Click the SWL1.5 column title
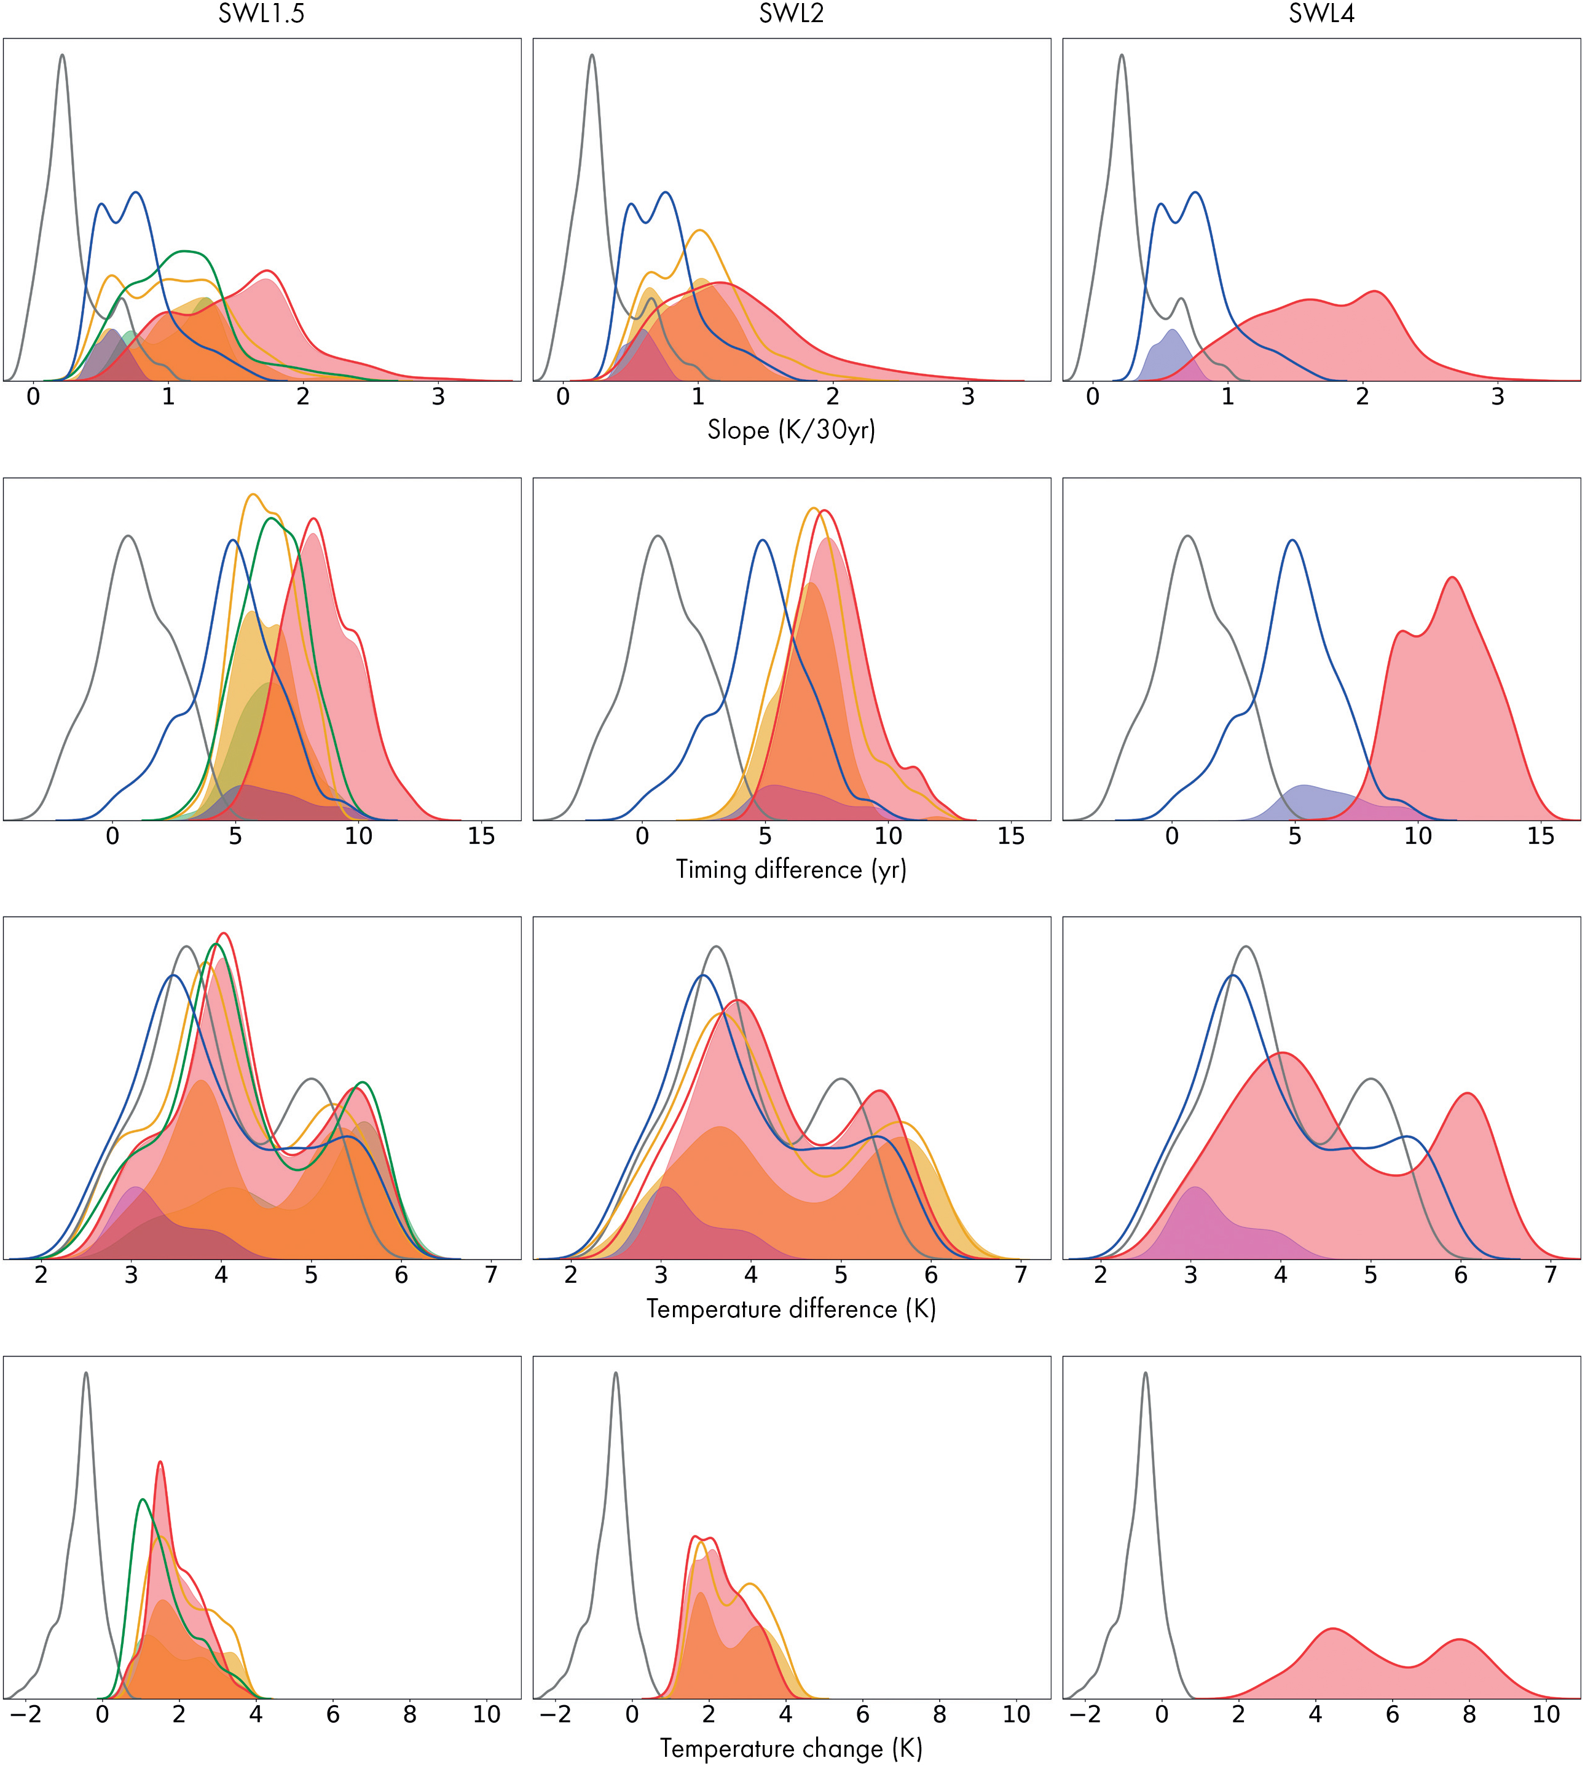261,15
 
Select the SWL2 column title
791,15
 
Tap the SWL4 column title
1321,15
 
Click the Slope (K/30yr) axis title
791,430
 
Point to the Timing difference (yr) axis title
791,870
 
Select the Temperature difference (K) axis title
791,1309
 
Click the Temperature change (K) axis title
791,1748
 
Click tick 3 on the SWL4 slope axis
1497,397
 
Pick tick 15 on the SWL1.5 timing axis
481,837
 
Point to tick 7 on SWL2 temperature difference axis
1021,1275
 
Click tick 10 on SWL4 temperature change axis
1546,1714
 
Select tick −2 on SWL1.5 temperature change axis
26,1714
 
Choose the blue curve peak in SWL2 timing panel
763,541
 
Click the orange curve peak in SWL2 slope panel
699,230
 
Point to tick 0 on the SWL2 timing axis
642,837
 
